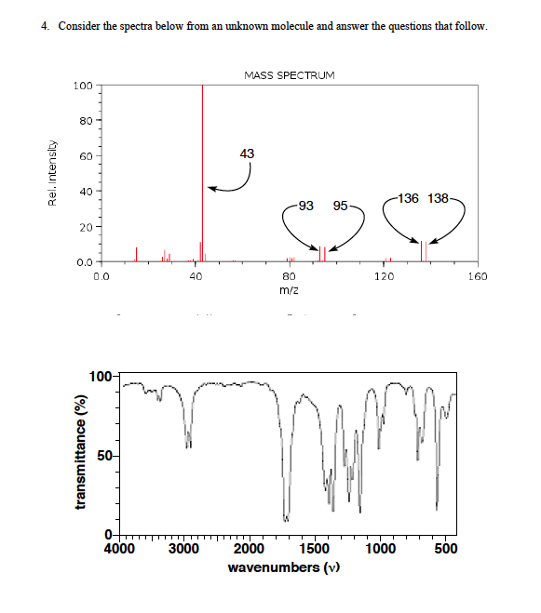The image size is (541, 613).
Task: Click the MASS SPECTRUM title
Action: pyautogui.click(x=288, y=73)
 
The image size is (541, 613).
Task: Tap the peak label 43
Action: pyautogui.click(x=246, y=153)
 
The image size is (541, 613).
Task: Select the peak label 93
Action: pyautogui.click(x=305, y=205)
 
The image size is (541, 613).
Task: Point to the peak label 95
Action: pyautogui.click(x=340, y=205)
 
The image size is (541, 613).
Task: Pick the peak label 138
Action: pyautogui.click(x=439, y=197)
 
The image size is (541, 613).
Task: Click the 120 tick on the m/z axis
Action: pyautogui.click(x=385, y=276)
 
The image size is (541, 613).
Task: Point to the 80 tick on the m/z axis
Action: pyautogui.click(x=289, y=276)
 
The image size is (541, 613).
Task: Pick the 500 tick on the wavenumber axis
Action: pyautogui.click(x=445, y=549)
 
